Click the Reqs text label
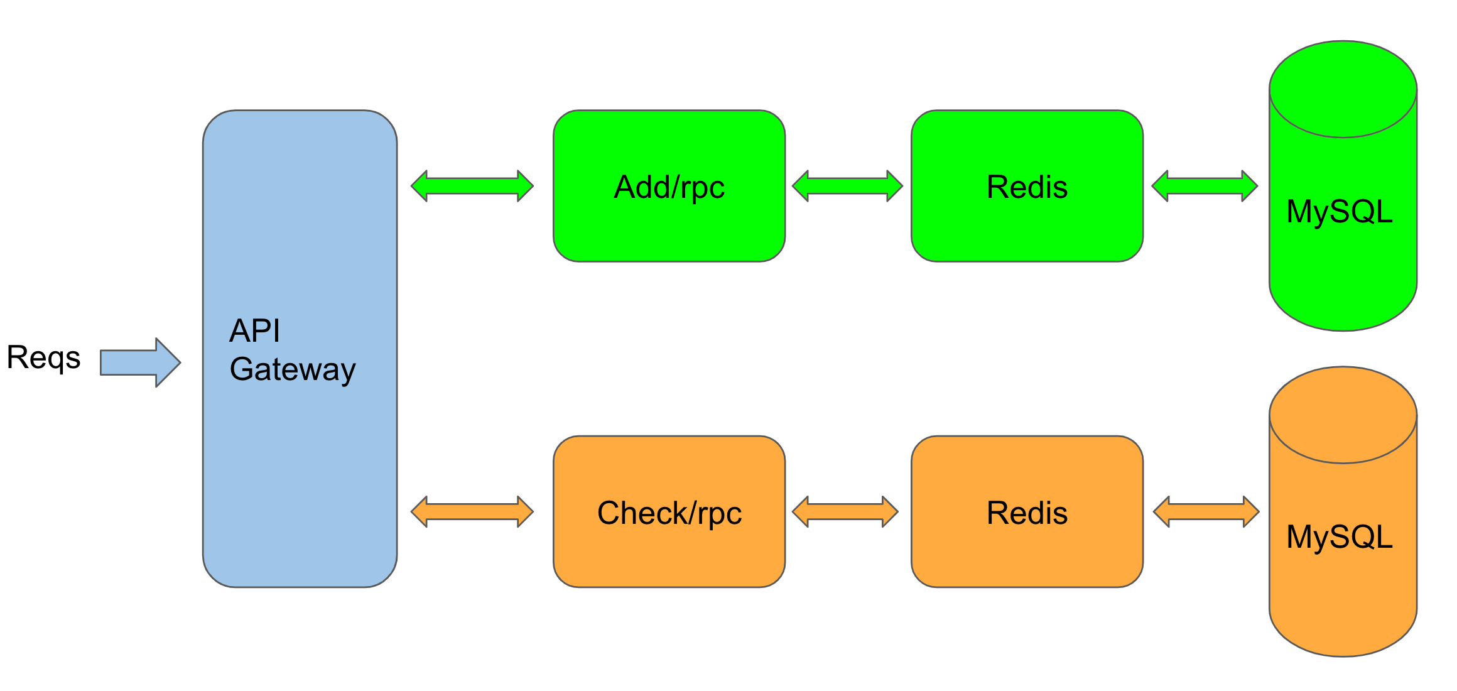tap(43, 358)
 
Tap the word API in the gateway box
tap(254, 330)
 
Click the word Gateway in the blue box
tap(293, 369)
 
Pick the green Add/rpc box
tap(669, 186)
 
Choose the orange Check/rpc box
tap(669, 512)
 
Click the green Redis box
tap(1027, 186)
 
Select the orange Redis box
tap(1027, 512)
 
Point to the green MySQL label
tap(1339, 212)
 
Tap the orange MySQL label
tap(1339, 537)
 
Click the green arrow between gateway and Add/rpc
tap(472, 186)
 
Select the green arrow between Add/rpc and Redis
tap(847, 186)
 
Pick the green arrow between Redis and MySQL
tap(1205, 186)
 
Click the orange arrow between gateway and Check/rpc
tap(472, 512)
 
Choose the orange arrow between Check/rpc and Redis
tap(845, 512)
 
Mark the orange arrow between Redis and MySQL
tap(1206, 512)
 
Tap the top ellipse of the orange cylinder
tap(1343, 415)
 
